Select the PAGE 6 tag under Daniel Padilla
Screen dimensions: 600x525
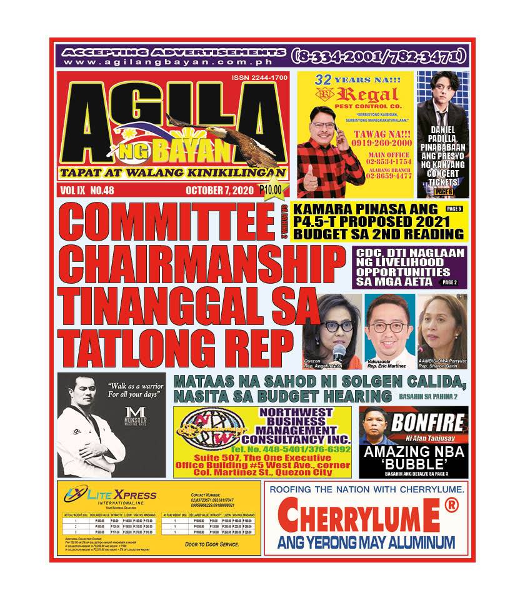(x=443, y=191)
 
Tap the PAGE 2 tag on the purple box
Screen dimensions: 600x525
(x=449, y=282)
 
